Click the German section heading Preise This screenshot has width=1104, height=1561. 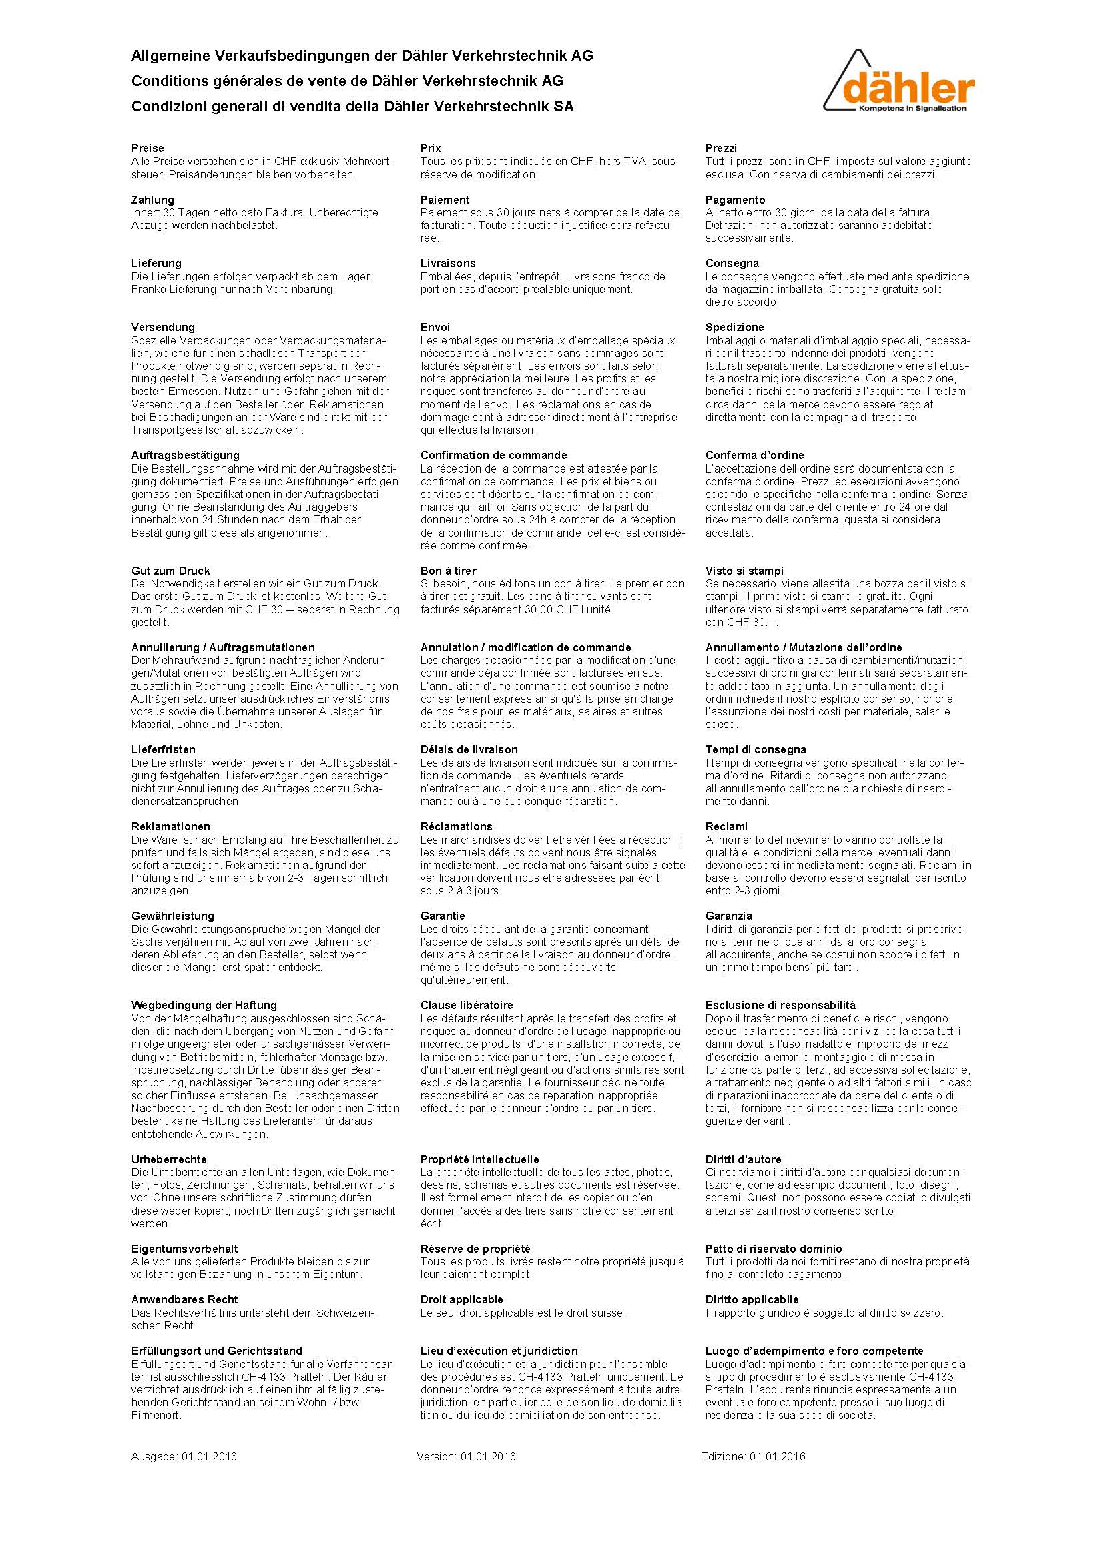coord(148,148)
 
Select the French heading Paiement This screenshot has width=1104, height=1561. coord(445,200)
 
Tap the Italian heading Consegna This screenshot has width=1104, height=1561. coord(732,263)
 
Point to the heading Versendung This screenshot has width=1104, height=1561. coord(162,327)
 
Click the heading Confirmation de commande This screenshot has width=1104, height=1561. coord(493,456)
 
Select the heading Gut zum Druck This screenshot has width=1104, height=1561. coord(171,571)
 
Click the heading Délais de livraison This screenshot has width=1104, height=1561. coord(469,750)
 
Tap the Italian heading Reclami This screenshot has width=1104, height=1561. coord(726,827)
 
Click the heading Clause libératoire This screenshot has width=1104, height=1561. coord(467,1006)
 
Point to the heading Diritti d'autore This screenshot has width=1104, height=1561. coord(743,1159)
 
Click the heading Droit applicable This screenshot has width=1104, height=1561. coord(462,1300)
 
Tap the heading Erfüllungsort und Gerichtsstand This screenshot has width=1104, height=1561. coord(217,1351)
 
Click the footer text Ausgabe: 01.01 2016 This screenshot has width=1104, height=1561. coord(184,1456)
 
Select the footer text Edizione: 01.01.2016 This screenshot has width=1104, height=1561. coord(752,1456)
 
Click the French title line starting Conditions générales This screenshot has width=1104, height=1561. coord(347,81)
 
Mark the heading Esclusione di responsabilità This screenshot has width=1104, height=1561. coord(780,1006)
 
